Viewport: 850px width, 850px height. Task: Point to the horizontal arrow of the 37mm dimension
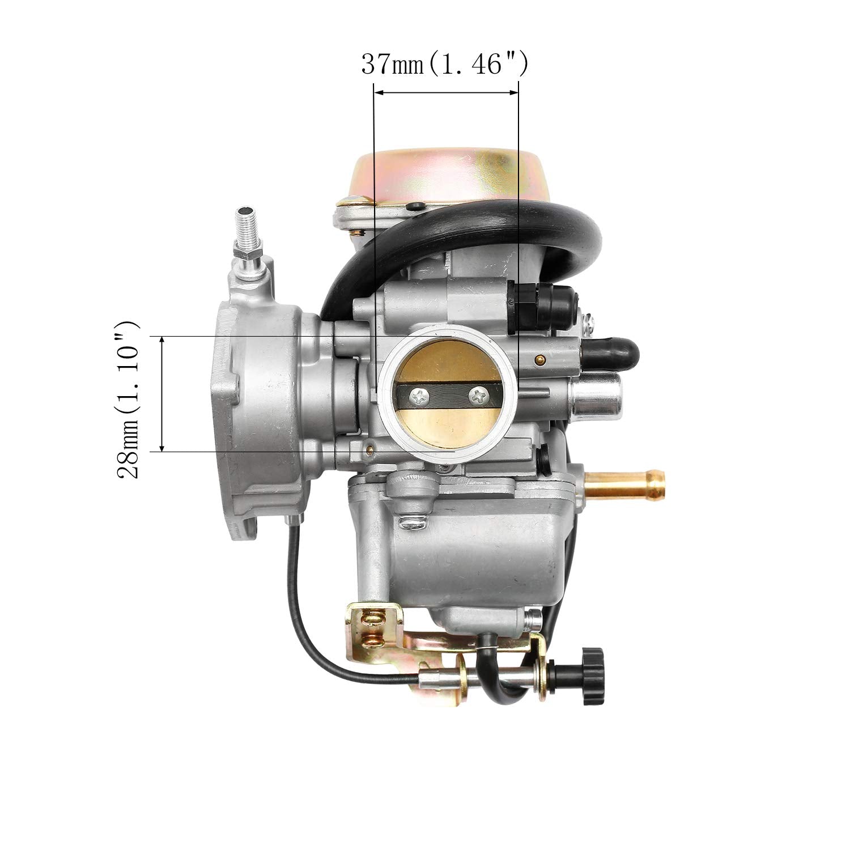click(x=446, y=91)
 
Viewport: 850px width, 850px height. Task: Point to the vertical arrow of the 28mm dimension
click(x=163, y=393)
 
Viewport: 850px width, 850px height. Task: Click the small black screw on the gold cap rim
click(x=418, y=206)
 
